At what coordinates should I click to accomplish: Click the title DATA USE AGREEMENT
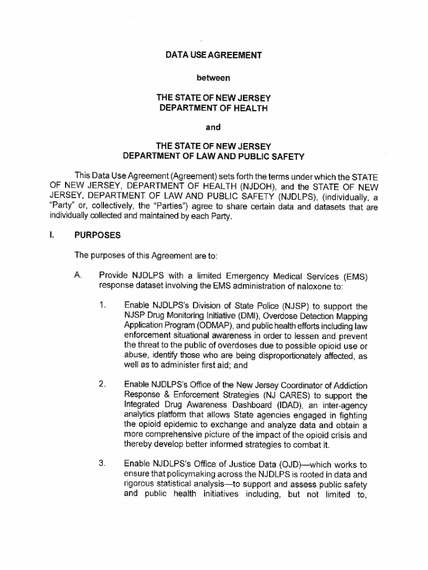click(x=213, y=55)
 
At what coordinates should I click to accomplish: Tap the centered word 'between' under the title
click(x=213, y=76)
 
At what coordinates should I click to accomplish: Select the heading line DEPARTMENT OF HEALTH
click(x=213, y=107)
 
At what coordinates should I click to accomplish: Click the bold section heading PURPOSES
click(x=97, y=235)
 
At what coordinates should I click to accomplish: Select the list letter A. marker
click(x=78, y=276)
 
